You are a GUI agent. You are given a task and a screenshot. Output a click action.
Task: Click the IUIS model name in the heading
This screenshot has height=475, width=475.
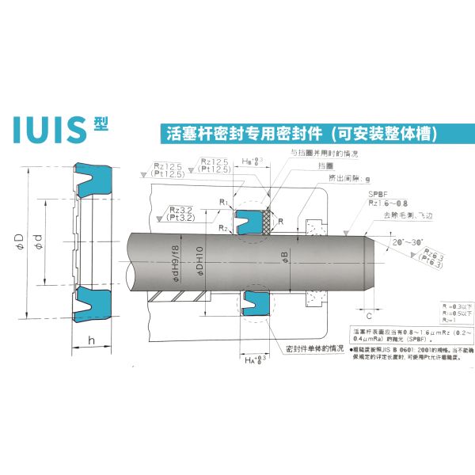coord(49,129)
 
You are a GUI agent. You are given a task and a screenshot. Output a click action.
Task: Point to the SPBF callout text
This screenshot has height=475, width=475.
coord(377,193)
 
